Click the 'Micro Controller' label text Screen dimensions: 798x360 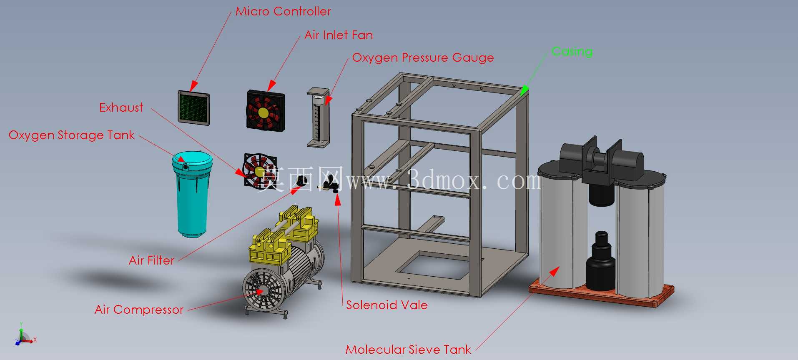click(283, 11)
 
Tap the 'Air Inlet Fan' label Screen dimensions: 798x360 click(339, 35)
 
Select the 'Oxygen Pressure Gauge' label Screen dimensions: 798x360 click(423, 58)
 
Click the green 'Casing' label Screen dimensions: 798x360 click(572, 52)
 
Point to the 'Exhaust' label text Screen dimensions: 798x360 click(121, 107)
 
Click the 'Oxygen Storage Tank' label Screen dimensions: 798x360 click(72, 135)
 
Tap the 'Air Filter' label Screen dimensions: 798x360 click(151, 260)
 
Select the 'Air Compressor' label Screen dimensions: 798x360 click(139, 310)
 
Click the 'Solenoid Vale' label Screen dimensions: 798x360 click(387, 305)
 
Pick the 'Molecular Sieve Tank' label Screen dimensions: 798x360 click(408, 350)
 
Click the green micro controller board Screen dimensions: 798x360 click(194, 108)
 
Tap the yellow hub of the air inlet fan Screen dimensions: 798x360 click(263, 112)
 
